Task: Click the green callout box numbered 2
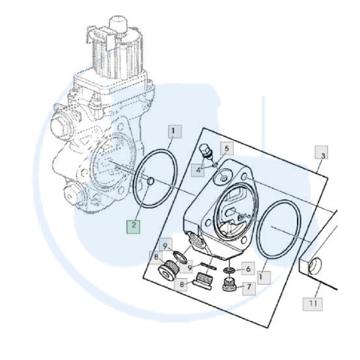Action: [x=134, y=226]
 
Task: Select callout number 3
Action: [x=322, y=155]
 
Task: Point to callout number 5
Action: [x=227, y=148]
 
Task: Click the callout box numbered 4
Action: [x=198, y=170]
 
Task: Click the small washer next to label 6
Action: [x=229, y=270]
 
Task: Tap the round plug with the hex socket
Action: [x=168, y=270]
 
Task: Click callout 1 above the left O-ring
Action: [x=175, y=132]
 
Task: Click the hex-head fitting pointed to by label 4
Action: [x=205, y=152]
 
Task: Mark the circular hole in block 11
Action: [x=317, y=266]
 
